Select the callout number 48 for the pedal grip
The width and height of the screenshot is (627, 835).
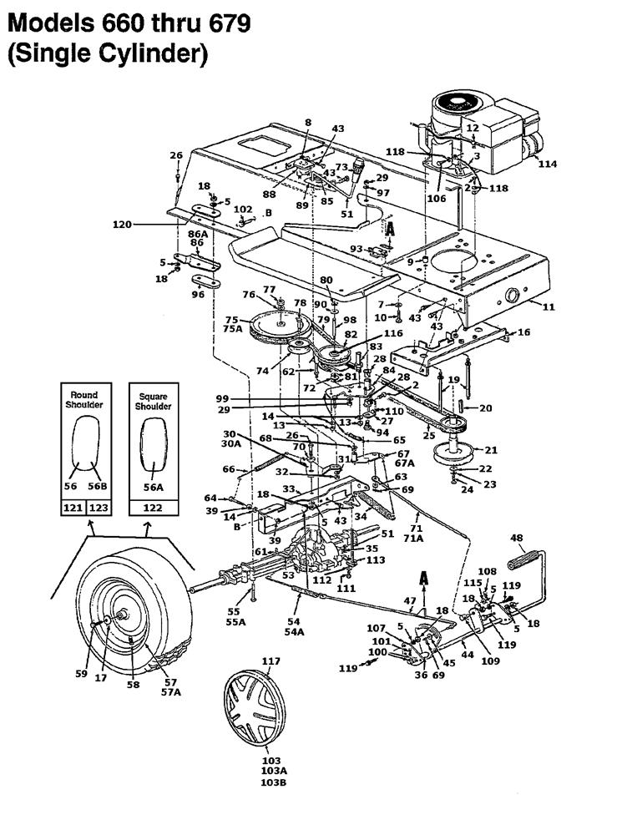(x=517, y=538)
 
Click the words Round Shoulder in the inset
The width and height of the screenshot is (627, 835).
(x=84, y=400)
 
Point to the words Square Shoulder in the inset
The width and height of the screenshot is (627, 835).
(x=154, y=401)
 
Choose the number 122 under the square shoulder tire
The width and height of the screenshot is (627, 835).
(x=154, y=507)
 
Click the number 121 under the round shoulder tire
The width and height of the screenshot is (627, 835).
(x=73, y=507)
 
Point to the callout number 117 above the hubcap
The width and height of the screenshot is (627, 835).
(x=271, y=661)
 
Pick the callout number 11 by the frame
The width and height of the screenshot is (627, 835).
(x=549, y=307)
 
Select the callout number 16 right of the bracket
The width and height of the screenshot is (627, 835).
(x=524, y=332)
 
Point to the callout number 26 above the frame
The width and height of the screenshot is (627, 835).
(x=175, y=155)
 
